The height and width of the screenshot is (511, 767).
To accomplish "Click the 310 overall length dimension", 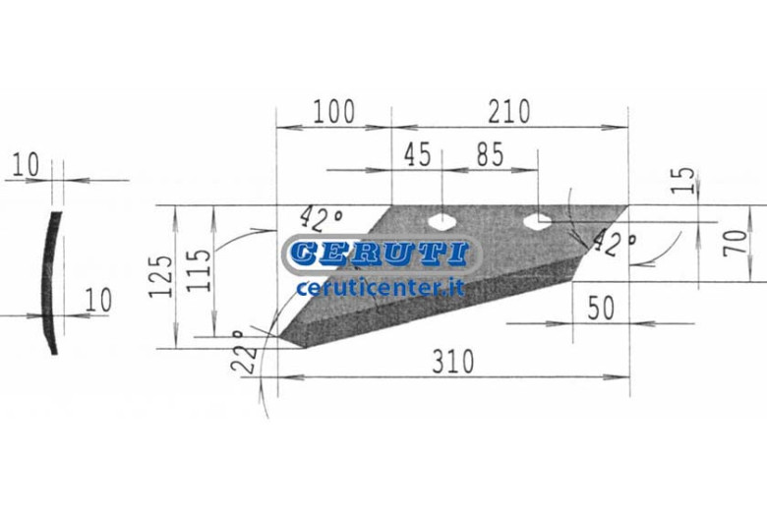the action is [453, 362].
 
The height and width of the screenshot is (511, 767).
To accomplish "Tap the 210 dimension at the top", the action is [509, 111].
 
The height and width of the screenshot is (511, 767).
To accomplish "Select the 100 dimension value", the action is [333, 111].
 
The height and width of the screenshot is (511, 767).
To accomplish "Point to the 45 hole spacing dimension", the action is [417, 154].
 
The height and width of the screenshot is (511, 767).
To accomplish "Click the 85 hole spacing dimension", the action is [490, 154].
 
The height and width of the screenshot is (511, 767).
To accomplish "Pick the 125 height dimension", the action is [161, 276].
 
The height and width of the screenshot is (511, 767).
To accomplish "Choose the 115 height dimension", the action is [199, 270].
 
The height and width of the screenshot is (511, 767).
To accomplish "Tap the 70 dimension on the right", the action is [736, 243].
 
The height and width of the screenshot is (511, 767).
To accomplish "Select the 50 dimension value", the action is [601, 308].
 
